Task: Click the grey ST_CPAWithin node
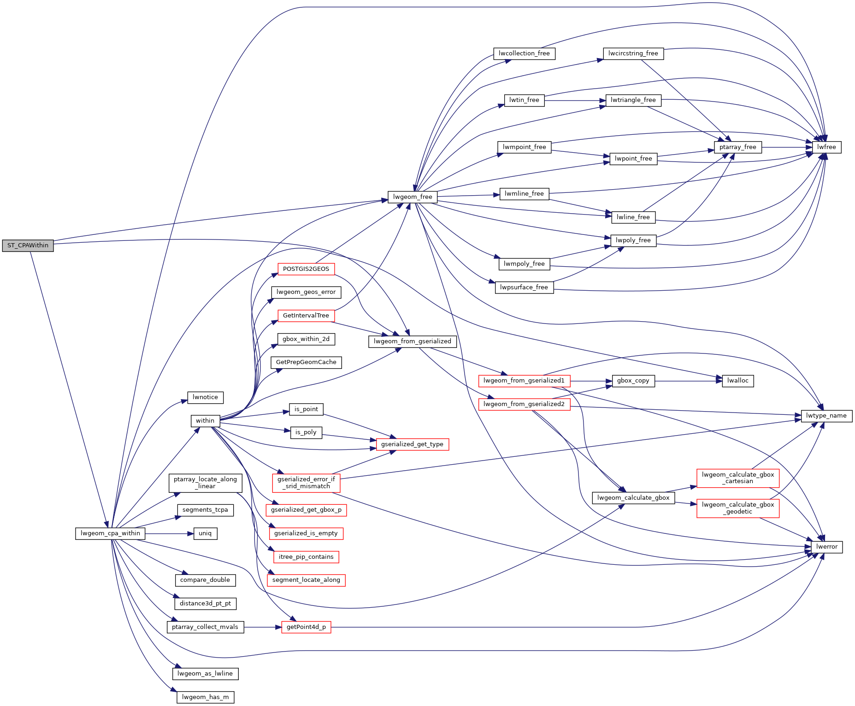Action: coord(28,245)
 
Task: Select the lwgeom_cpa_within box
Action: coord(110,533)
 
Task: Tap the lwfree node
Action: coord(826,147)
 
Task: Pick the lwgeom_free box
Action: coord(413,197)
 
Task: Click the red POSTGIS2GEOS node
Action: coord(306,269)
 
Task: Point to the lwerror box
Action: coord(826,547)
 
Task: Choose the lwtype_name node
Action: coord(826,416)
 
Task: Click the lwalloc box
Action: coord(737,381)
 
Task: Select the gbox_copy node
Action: coord(633,381)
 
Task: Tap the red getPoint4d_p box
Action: coord(306,627)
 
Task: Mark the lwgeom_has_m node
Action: coord(205,697)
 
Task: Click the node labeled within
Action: coord(205,421)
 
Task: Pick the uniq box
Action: coord(205,533)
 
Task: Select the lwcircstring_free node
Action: coord(633,54)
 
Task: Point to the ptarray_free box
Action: coord(737,147)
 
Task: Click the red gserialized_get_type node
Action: coord(412,444)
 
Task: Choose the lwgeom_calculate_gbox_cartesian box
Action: coord(737,478)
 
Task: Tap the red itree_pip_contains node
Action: coord(306,557)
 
